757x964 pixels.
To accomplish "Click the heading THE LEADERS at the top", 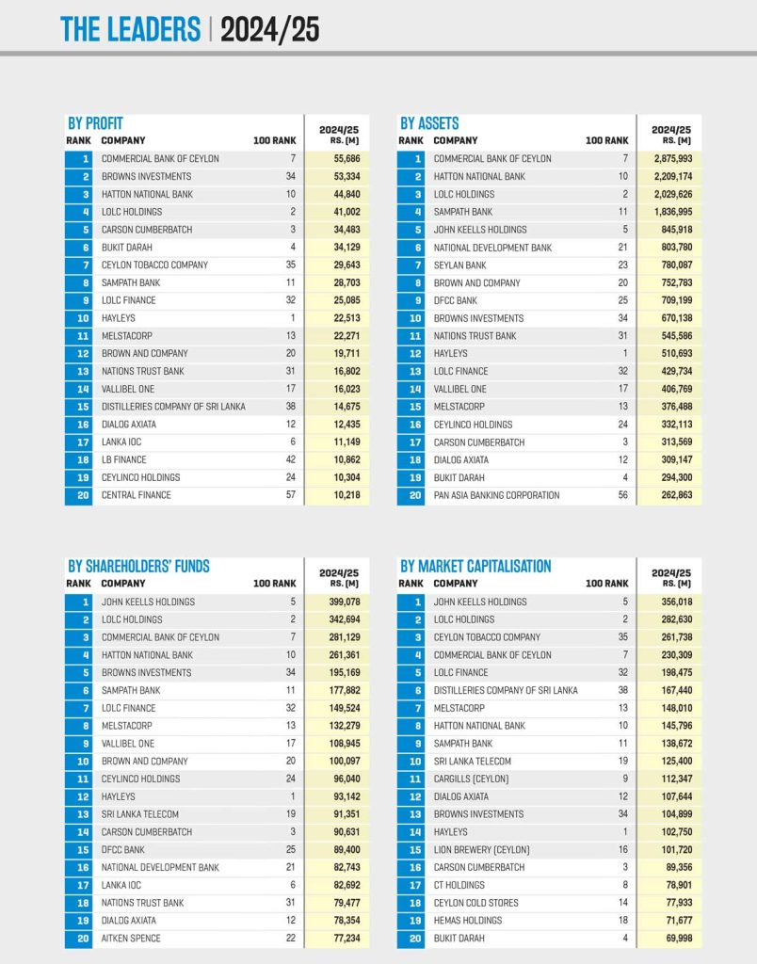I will (130, 29).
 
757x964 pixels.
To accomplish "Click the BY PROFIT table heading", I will (95, 123).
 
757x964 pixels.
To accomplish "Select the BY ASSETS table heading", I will (429, 123).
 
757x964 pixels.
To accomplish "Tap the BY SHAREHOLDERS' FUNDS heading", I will (138, 567).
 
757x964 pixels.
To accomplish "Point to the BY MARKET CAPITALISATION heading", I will (475, 567).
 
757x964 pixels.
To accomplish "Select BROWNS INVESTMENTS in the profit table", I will (146, 177).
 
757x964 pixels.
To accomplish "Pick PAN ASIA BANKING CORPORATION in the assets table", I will (496, 495).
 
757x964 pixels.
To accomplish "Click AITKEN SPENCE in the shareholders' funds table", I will (131, 939).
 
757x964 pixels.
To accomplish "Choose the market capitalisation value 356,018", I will (671, 602).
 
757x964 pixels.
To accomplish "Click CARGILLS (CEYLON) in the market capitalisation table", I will (471, 779).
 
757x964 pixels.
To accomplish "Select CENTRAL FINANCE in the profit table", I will (137, 495).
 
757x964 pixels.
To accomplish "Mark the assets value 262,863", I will (671, 495).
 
